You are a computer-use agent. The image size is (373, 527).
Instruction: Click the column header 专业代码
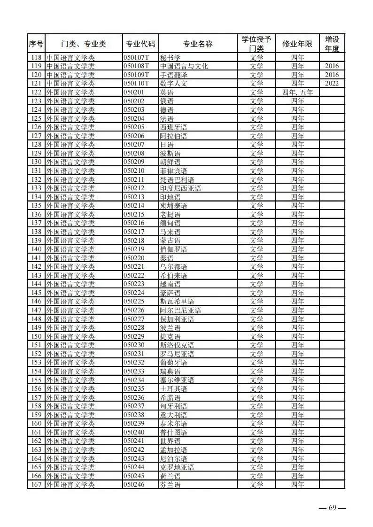[x=140, y=44]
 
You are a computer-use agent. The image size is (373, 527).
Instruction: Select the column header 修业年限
[x=297, y=44]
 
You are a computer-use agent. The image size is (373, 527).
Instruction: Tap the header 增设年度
[x=332, y=44]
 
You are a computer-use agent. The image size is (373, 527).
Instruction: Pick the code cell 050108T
[x=136, y=66]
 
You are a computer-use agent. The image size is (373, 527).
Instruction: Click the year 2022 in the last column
[x=332, y=84]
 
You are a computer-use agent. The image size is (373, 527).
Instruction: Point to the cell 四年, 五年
[x=297, y=93]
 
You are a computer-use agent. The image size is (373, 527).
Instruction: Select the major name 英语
[x=166, y=93]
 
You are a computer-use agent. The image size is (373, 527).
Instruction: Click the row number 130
[x=36, y=162]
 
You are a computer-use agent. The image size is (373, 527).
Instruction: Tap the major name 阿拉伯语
[x=173, y=136]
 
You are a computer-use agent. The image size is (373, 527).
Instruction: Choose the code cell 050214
[x=134, y=206]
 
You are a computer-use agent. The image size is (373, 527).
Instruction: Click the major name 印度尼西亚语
[x=180, y=188]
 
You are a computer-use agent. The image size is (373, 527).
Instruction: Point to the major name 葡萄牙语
[x=173, y=363]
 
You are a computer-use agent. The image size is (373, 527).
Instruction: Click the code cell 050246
[x=134, y=485]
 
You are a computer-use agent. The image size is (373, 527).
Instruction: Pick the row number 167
[x=36, y=485]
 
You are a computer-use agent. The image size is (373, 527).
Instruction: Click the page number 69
[x=332, y=508]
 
